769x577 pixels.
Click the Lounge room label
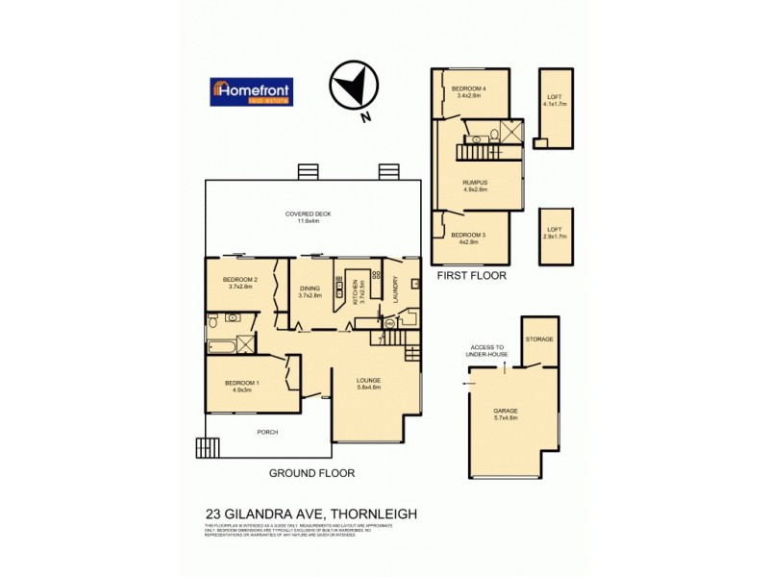(369, 383)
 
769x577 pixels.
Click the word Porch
(267, 432)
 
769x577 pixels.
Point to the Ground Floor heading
(311, 473)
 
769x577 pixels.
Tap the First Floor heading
(471, 275)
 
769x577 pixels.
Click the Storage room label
(539, 339)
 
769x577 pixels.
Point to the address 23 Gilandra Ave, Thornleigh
(311, 514)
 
